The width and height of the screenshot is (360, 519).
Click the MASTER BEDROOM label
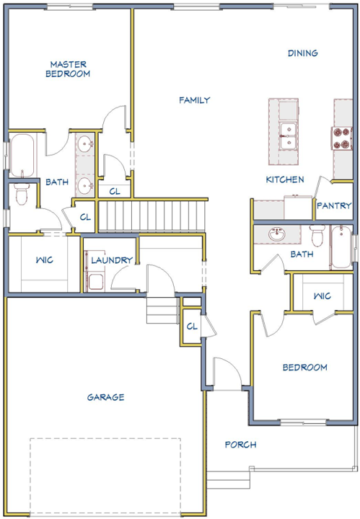(68, 69)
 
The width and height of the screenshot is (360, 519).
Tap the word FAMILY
(194, 100)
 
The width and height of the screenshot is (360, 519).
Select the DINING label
(303, 53)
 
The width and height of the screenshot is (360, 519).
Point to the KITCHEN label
(285, 179)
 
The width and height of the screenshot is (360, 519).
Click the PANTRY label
(334, 205)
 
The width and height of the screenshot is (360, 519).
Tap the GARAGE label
(105, 397)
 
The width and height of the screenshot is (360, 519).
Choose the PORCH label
(240, 445)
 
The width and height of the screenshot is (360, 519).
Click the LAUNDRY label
(112, 260)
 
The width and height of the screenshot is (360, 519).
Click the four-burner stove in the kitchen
(342, 138)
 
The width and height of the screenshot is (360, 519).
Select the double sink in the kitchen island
(287, 136)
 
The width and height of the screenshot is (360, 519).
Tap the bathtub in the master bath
(22, 155)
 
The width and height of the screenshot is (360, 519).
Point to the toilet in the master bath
(22, 195)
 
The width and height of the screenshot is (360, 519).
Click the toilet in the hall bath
(317, 235)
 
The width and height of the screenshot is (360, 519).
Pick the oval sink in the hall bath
(277, 234)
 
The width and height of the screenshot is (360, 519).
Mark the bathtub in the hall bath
(341, 247)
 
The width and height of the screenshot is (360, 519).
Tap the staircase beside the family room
(151, 216)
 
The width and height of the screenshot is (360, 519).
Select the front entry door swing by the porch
(227, 372)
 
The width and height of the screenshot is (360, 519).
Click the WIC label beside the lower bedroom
(322, 296)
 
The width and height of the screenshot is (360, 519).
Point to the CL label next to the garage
(192, 327)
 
